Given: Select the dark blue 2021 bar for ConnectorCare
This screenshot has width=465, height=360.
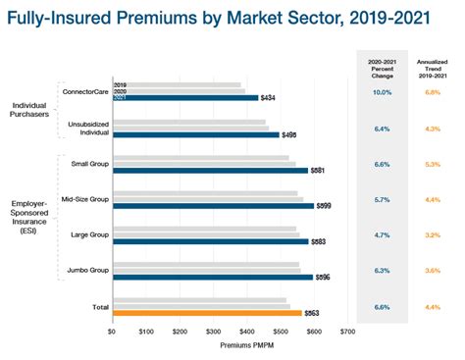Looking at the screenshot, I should tap(185, 98).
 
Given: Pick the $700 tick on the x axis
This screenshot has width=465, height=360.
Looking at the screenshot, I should tap(346, 332).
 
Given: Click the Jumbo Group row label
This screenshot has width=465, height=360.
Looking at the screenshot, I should tap(85, 270).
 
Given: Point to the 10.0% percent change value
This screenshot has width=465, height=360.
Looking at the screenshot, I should tap(383, 92).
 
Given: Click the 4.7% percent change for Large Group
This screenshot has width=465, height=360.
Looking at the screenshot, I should tap(383, 236).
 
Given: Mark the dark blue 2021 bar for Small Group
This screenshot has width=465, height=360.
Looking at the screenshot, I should tap(210, 170).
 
